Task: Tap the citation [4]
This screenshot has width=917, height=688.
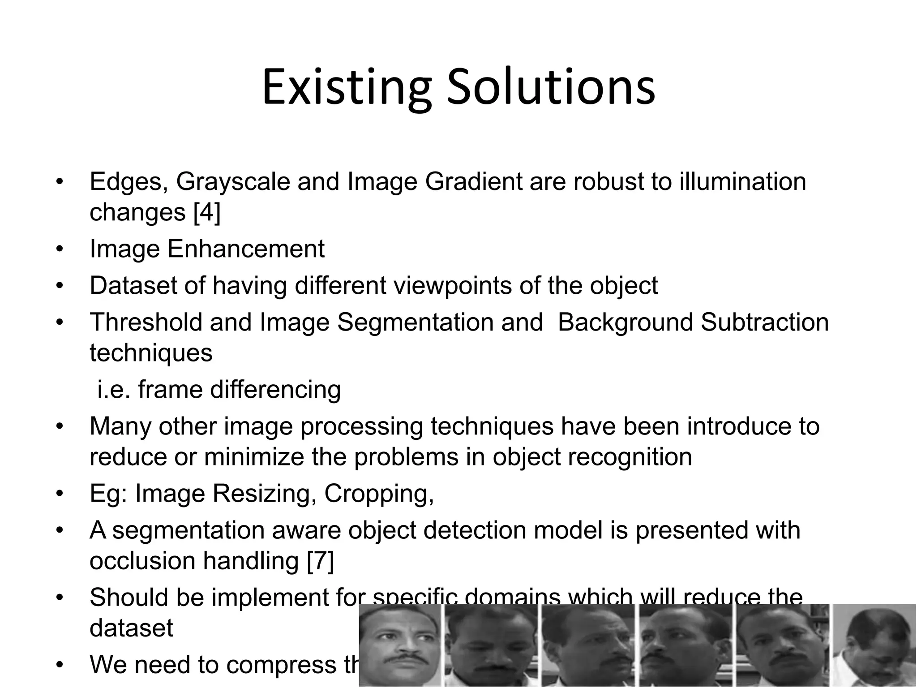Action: click(x=207, y=212)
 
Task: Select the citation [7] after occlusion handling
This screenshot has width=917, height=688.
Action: click(x=321, y=561)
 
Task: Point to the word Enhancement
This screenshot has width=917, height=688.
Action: click(x=246, y=249)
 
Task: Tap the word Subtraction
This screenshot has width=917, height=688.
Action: click(x=764, y=322)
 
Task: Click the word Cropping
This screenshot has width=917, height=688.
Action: click(x=379, y=494)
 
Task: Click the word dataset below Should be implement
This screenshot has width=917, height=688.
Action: click(x=131, y=628)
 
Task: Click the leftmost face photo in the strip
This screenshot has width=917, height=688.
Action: click(x=400, y=645)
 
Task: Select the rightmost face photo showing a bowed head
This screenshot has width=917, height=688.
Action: click(x=874, y=645)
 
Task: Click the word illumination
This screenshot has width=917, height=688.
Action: click(x=742, y=181)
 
